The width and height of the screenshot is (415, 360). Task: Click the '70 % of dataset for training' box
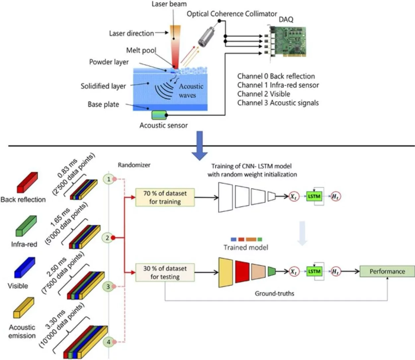(165, 197)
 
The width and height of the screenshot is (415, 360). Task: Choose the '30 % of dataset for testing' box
(165, 272)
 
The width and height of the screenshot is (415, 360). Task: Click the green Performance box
(387, 271)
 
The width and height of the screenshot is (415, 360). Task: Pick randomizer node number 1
(108, 180)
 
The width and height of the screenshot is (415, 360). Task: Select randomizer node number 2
(107, 238)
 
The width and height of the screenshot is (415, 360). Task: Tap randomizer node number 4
(108, 342)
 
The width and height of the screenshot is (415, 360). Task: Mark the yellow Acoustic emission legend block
(24, 308)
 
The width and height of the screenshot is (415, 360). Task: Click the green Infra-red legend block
(26, 226)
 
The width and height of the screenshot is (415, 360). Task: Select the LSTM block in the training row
(314, 196)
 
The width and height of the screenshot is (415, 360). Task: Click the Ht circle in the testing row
(336, 272)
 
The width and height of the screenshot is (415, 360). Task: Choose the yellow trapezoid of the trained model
(226, 272)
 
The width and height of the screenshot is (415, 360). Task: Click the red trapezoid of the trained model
(242, 272)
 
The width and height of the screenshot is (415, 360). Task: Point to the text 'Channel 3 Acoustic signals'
(278, 103)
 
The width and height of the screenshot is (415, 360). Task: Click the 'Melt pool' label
(141, 50)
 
